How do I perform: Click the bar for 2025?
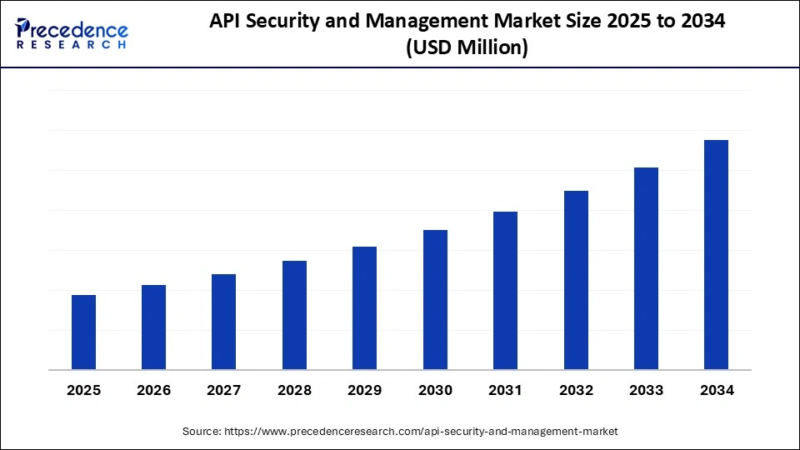pos(83,332)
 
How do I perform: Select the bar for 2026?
pos(153,327)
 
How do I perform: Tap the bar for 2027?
pos(224,322)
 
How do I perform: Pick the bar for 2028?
pos(294,315)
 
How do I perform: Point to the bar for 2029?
pos(364,307)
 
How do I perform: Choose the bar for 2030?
pos(435,299)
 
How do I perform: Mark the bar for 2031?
pos(505,290)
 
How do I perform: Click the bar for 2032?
pos(576,280)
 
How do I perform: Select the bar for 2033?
pos(646,268)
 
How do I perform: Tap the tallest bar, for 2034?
pos(716,254)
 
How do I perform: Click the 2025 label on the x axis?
pos(83,390)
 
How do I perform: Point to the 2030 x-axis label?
pos(435,390)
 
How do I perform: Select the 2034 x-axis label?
pos(716,390)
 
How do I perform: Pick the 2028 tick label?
pos(294,390)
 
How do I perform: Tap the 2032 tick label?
pos(576,390)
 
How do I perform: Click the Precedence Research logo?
pos(72,33)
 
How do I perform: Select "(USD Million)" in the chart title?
pos(467,48)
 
